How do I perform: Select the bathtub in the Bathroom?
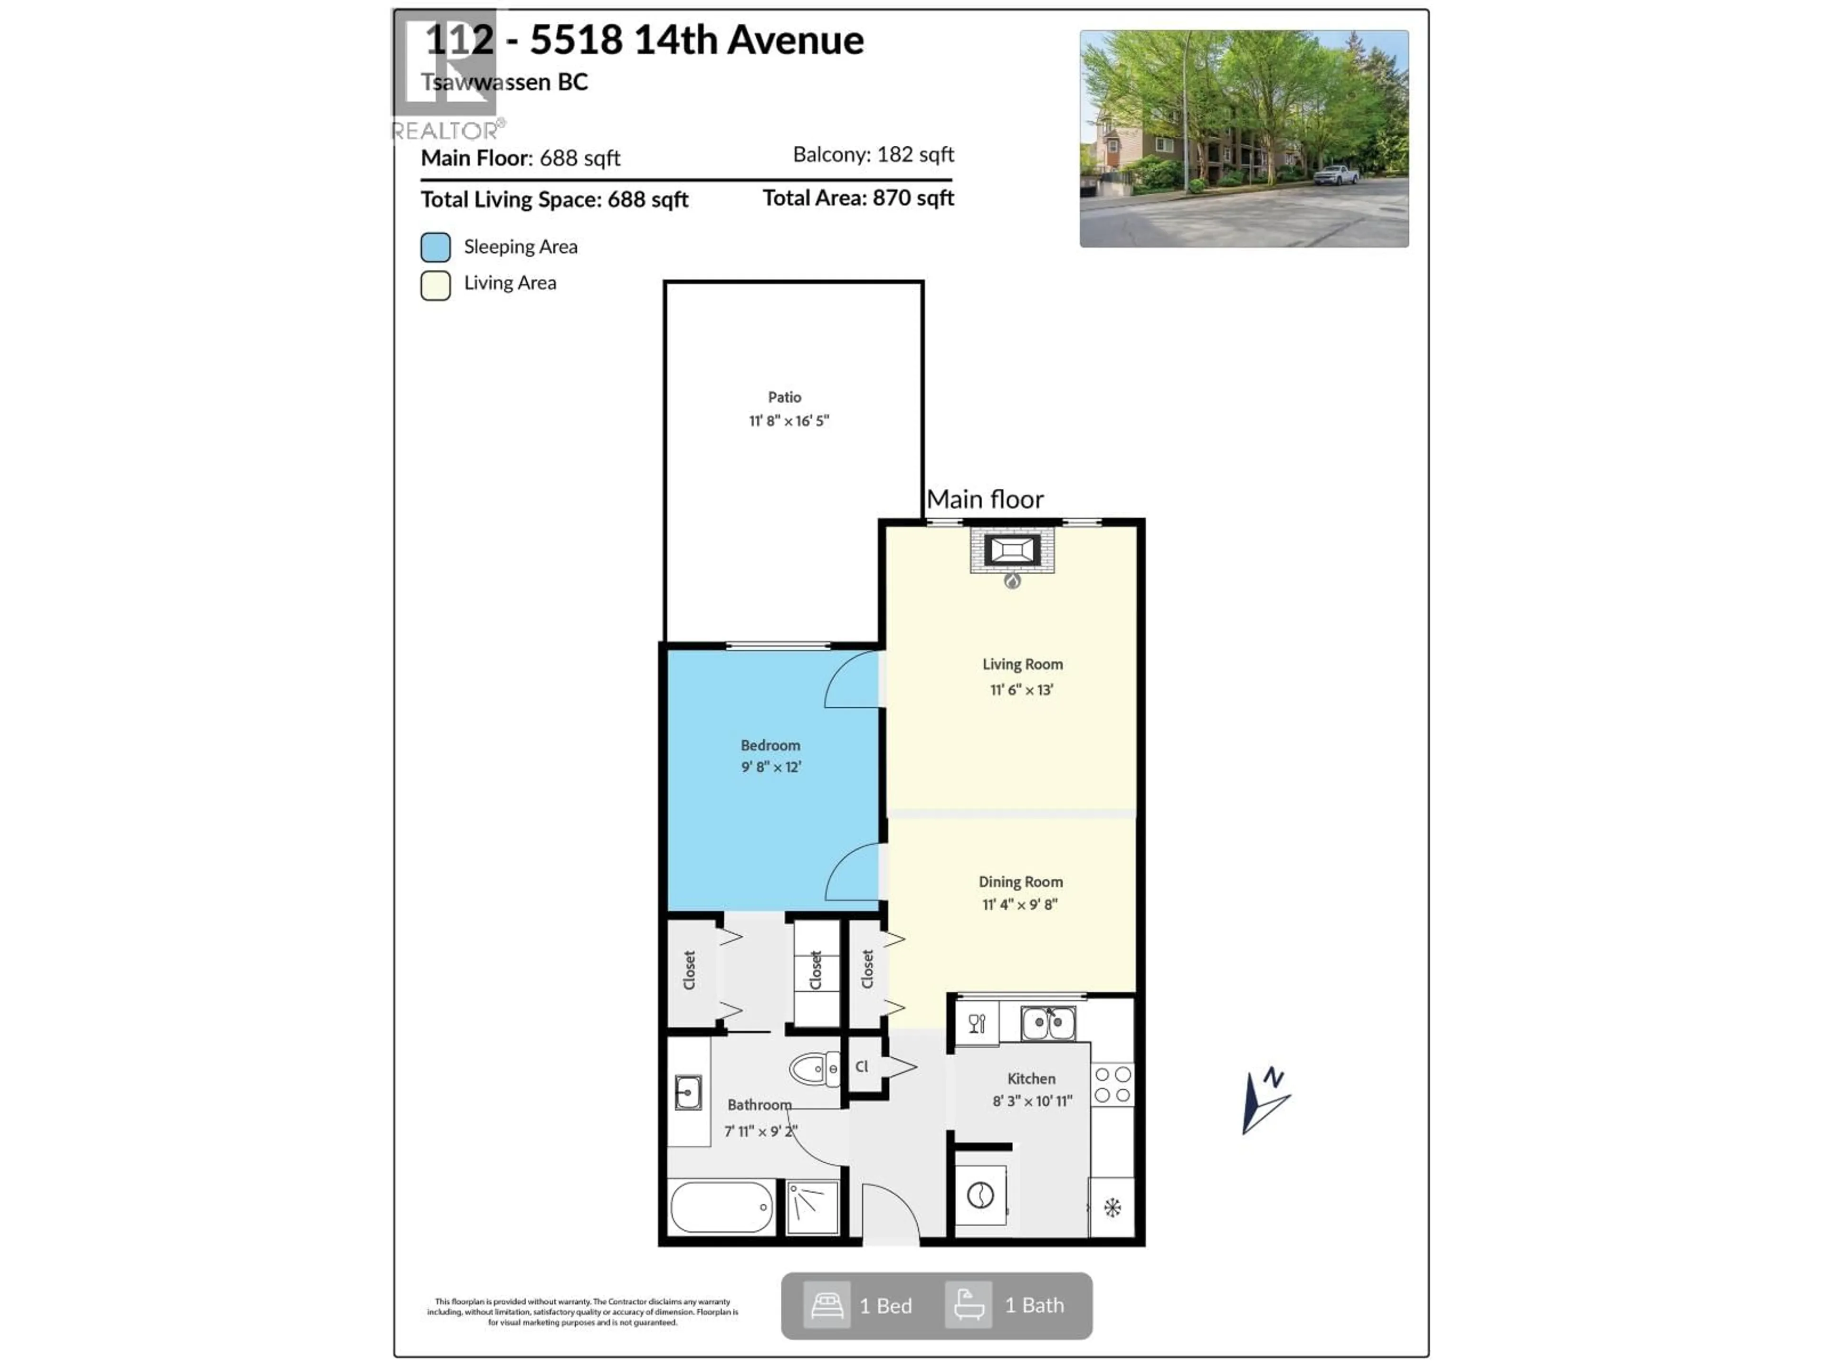[x=722, y=1206]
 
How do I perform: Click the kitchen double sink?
[x=1047, y=1023]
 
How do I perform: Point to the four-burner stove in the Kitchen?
[x=1112, y=1084]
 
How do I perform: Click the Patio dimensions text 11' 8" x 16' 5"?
[x=788, y=420]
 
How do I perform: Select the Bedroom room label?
[x=770, y=745]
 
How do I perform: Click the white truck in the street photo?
[x=1335, y=175]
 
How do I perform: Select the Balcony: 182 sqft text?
[x=873, y=154]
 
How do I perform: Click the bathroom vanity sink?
[x=688, y=1092]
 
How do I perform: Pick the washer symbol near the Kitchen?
[x=980, y=1195]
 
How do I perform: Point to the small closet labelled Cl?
[x=863, y=1066]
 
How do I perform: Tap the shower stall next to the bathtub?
[x=812, y=1207]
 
